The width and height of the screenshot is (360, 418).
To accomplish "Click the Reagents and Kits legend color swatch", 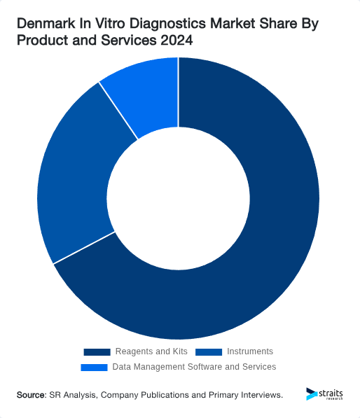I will [x=97, y=351].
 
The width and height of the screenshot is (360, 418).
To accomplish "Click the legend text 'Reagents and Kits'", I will [x=151, y=351].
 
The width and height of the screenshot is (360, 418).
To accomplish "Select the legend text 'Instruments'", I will [x=250, y=351].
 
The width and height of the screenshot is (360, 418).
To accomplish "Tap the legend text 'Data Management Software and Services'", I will [x=194, y=367].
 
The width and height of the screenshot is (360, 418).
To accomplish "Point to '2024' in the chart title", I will [x=176, y=42].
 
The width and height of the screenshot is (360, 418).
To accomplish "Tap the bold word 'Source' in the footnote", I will [x=31, y=396].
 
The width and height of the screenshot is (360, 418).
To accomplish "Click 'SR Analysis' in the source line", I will [x=73, y=396].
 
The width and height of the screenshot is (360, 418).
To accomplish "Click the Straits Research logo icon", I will [x=312, y=394].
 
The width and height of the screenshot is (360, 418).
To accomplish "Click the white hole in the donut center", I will [x=179, y=198].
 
